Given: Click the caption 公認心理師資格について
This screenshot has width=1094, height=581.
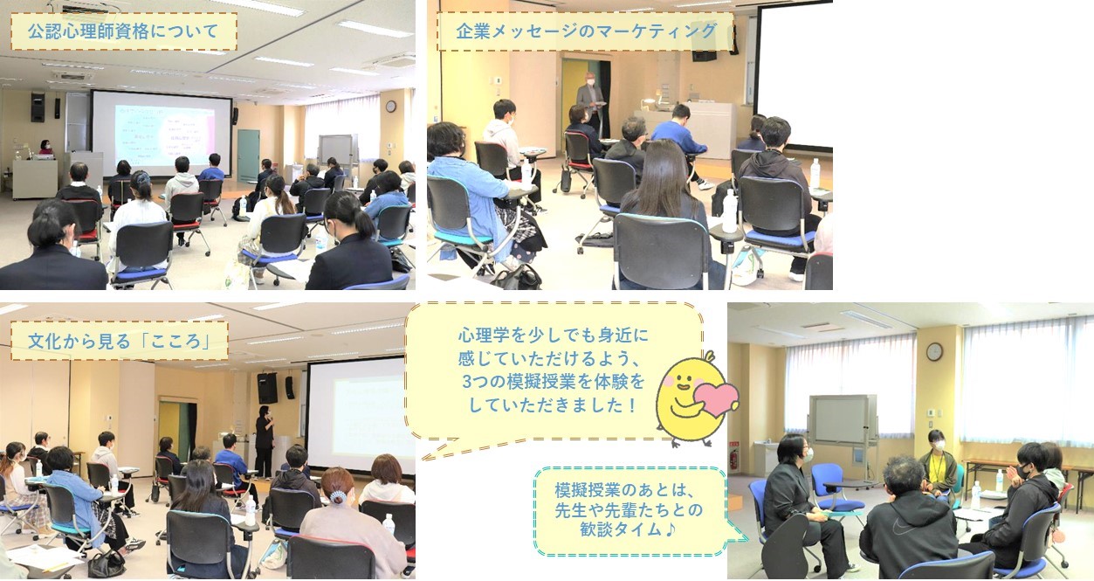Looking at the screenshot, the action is pyautogui.click(x=122, y=31).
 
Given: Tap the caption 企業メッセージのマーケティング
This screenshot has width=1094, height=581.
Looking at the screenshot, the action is pyautogui.click(x=586, y=31).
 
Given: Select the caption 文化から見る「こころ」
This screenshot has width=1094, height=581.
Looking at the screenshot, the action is pyautogui.click(x=119, y=341).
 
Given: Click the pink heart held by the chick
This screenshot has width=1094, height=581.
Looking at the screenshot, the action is pyautogui.click(x=716, y=398).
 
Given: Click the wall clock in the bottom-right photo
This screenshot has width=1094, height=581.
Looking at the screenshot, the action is pyautogui.click(x=934, y=351).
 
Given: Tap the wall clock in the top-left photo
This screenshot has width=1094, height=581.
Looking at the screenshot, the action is pyautogui.click(x=391, y=107).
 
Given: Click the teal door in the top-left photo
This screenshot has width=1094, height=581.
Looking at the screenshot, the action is pyautogui.click(x=248, y=156).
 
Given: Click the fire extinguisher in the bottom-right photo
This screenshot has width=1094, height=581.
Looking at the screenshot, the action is pyautogui.click(x=733, y=460).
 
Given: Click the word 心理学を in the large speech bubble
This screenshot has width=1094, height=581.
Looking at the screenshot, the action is pyautogui.click(x=491, y=335).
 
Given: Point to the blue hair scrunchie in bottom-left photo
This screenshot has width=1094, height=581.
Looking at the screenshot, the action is pyautogui.click(x=337, y=496).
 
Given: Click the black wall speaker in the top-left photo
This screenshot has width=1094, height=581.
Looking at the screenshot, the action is pyautogui.click(x=38, y=107).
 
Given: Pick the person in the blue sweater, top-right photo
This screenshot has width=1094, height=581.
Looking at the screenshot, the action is pyautogui.click(x=679, y=129).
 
